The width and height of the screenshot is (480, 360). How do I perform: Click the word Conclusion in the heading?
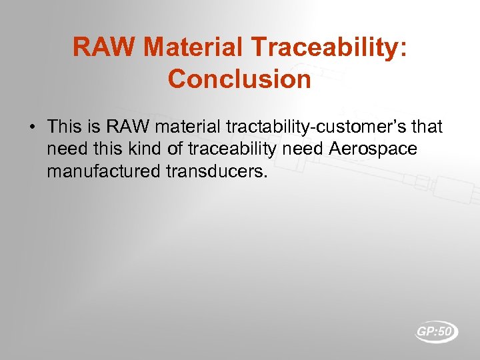[x=239, y=79]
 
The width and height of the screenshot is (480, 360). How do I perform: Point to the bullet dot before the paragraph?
[x=32, y=126]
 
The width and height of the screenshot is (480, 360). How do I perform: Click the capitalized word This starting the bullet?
[x=65, y=126]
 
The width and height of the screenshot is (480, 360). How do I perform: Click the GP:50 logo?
[x=436, y=331]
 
